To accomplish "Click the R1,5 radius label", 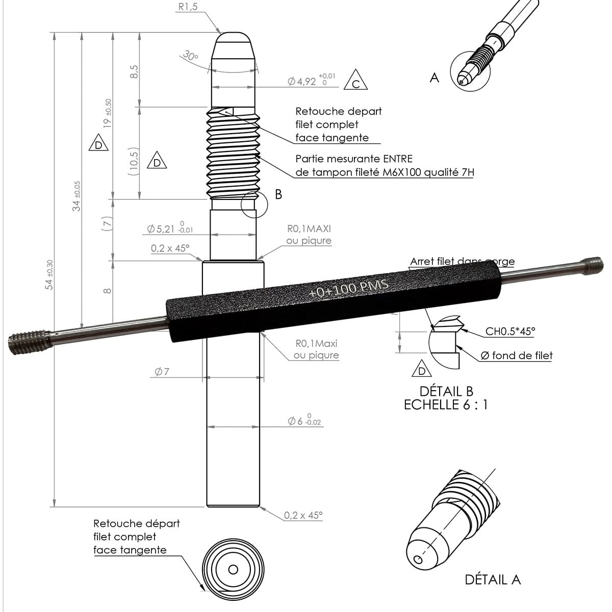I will [187, 7].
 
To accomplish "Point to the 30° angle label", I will [190, 56].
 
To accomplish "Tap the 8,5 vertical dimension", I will [134, 71].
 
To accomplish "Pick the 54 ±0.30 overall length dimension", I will [49, 275].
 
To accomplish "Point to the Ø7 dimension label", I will [162, 372].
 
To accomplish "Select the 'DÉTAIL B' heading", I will [446, 391].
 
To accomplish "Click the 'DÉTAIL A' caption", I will [492, 579].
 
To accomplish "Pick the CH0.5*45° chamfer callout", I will [510, 331].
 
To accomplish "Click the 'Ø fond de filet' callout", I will [516, 355].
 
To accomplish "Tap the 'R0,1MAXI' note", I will [309, 229].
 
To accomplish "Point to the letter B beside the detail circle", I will [278, 194].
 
